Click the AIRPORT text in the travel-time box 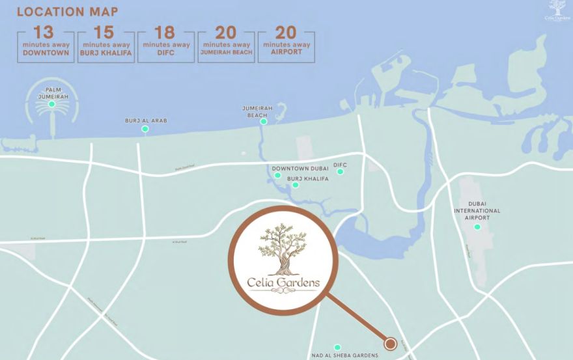coord(286,52)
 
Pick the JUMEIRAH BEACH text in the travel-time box coord(226,52)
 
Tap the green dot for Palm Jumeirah coord(51,104)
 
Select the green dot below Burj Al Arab coord(145,129)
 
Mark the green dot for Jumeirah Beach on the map coord(264,121)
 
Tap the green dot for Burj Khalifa coord(296,185)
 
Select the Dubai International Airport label coord(477,211)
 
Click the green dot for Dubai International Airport coord(477,227)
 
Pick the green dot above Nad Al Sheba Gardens coord(337,347)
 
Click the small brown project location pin coord(391,343)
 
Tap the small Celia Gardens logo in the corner coord(556,10)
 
